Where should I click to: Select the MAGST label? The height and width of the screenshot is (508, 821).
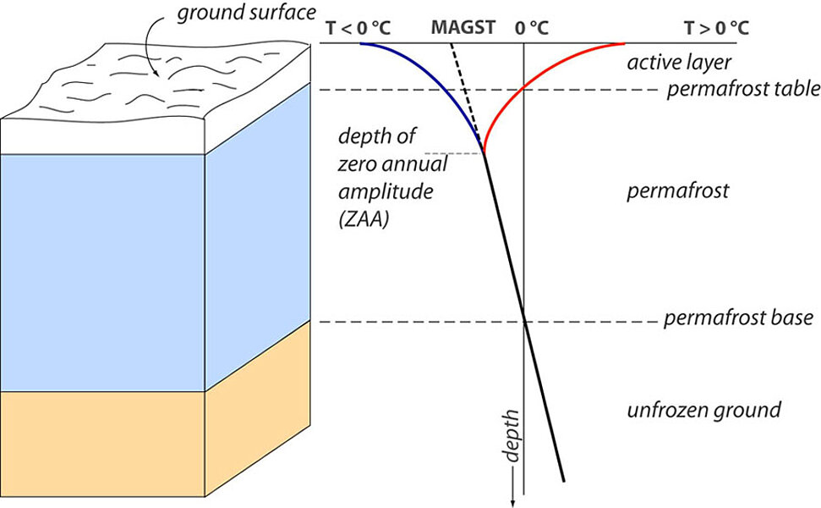click(462, 29)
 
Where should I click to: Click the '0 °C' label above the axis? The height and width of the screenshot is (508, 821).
click(531, 29)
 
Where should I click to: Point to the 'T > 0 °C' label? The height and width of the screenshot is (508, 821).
click(717, 29)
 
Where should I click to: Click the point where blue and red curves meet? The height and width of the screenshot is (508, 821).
click(484, 152)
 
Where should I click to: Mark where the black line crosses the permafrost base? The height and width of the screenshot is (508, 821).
click(525, 322)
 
